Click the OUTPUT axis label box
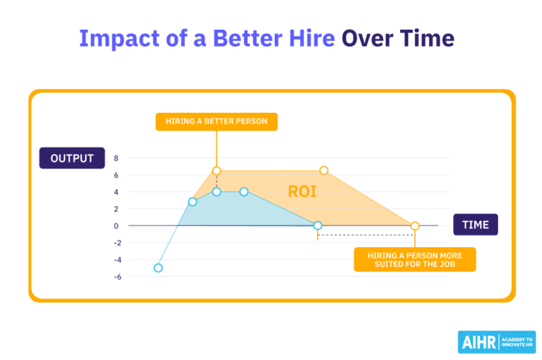73,158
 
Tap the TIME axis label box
475,224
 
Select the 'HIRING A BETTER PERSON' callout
217,121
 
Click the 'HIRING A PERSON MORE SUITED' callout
415,259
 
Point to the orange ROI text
303,191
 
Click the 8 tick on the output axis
117,158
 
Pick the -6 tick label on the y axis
116,277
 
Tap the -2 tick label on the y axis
116,243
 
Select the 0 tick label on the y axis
117,226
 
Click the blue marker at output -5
158,268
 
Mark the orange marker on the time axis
415,226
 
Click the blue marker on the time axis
318,226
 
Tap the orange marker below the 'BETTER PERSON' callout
217,171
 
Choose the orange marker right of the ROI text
324,171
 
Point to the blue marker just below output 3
192,202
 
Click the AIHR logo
497,342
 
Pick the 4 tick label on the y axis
117,192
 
